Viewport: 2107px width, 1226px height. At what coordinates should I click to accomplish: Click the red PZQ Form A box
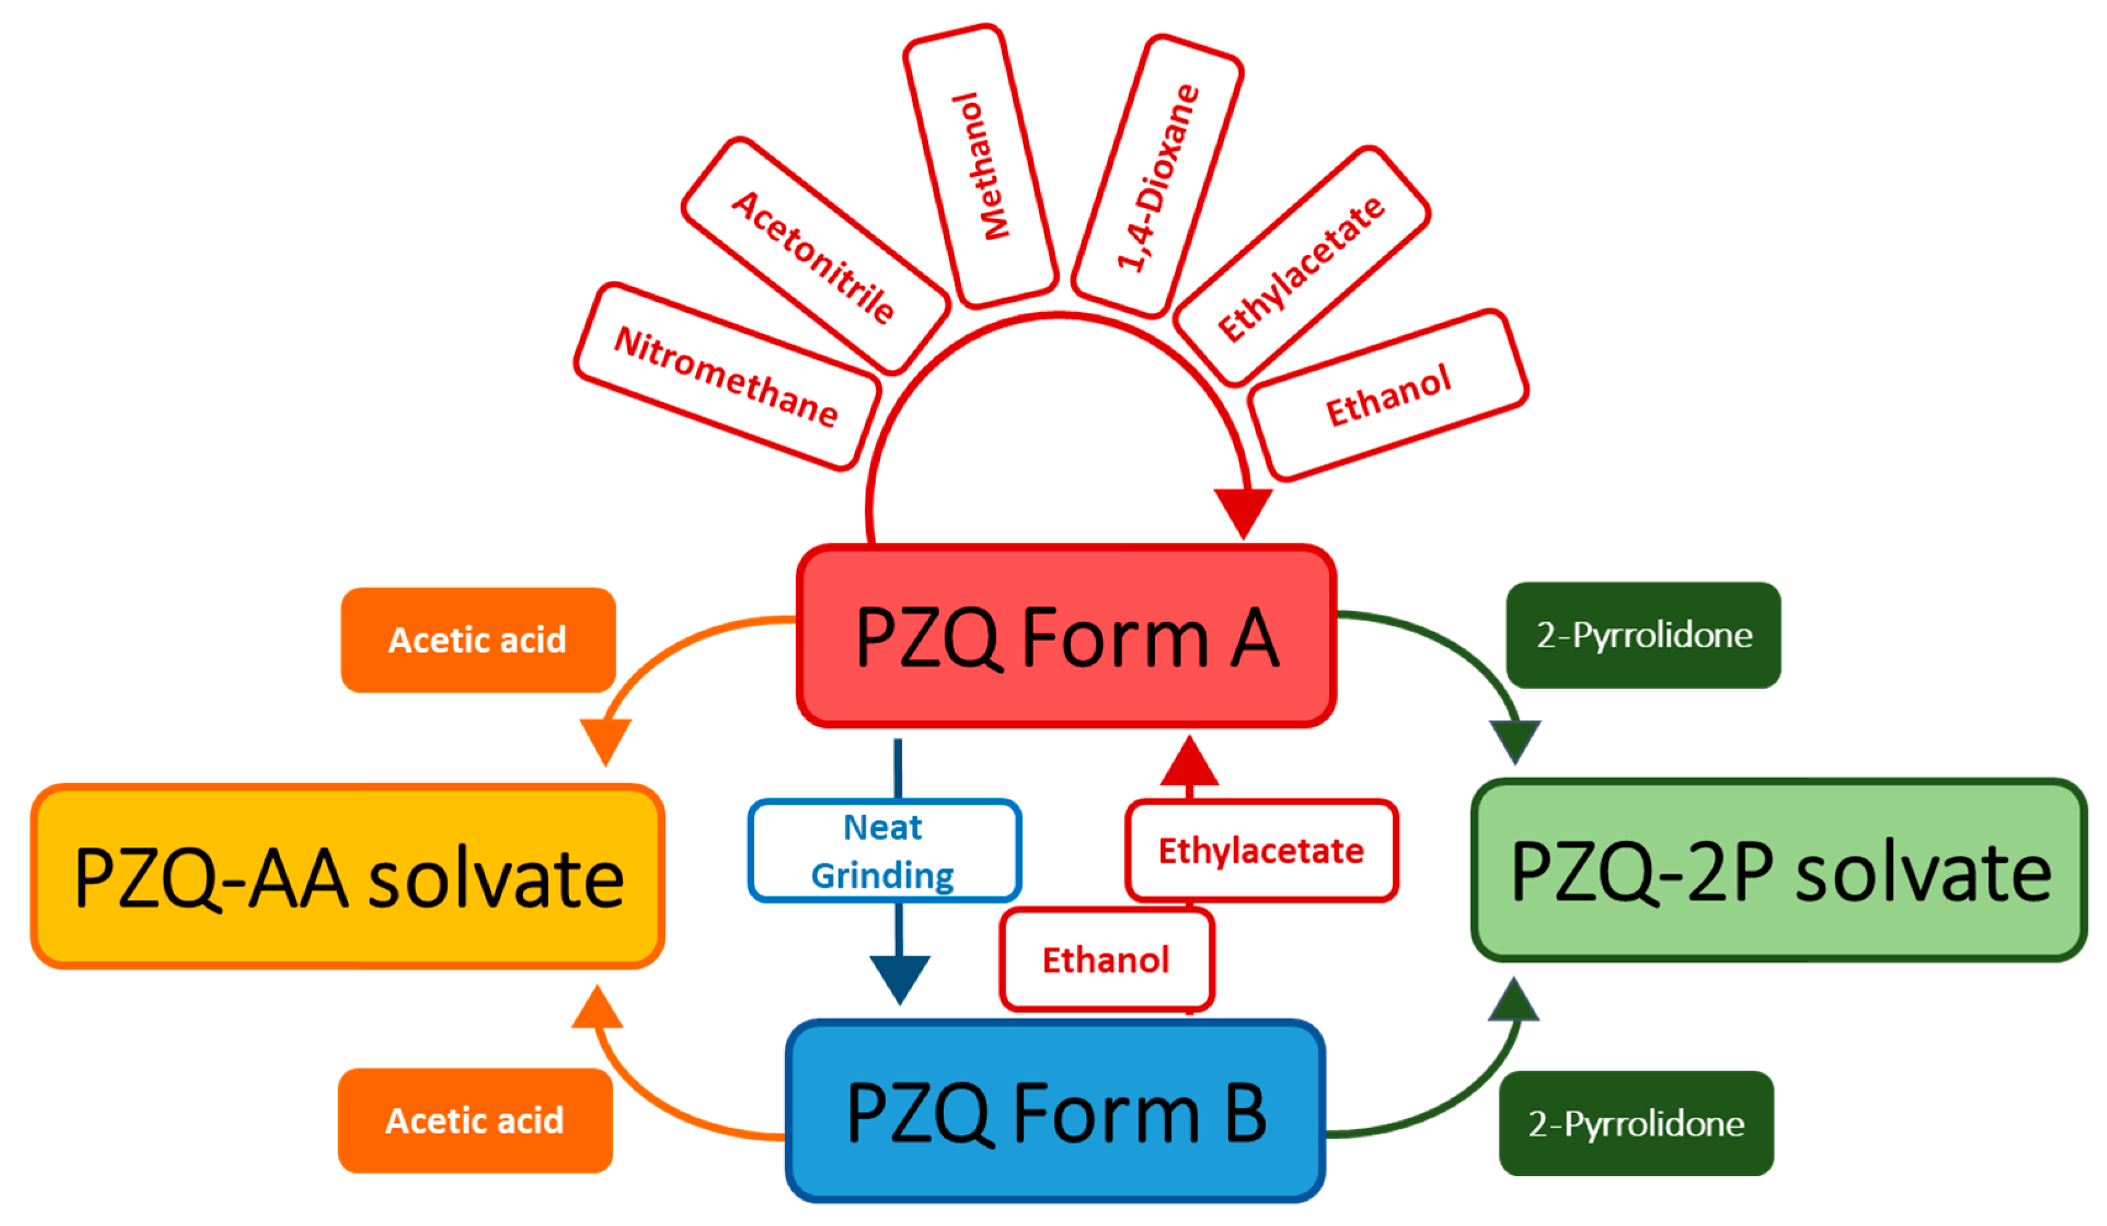[1066, 637]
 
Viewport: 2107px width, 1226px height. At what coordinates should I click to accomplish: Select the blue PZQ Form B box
[1055, 1112]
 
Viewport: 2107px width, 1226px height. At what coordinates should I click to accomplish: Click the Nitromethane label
[727, 377]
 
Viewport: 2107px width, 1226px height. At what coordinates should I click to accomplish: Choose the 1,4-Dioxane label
[1157, 177]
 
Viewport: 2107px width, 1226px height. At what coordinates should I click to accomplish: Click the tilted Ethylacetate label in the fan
[1301, 267]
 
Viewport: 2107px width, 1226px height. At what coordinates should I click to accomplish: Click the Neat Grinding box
[884, 851]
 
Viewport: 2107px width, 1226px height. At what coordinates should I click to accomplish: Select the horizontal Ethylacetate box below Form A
[1262, 851]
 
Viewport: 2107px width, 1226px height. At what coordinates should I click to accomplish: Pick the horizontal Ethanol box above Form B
[1106, 960]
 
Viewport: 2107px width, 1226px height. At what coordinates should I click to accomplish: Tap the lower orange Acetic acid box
[475, 1120]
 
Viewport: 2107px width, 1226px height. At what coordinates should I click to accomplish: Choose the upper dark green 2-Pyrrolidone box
[1644, 636]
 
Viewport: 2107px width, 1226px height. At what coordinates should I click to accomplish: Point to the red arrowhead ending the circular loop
[1243, 510]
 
